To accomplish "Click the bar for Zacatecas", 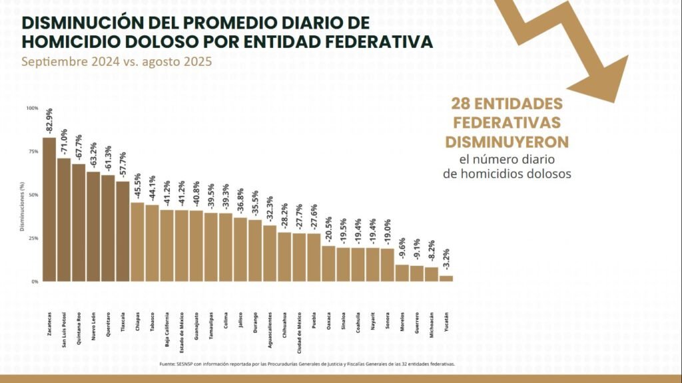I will point(49,209).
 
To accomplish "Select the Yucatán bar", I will point(446,279).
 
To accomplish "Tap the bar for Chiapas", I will point(137,242).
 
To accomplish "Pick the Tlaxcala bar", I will point(123,231).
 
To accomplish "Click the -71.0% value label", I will point(64,142).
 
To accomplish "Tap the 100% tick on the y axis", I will point(32,108).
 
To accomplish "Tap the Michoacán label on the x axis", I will point(432,324).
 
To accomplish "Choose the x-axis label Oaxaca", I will point(329,320).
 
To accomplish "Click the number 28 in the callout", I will point(462,104).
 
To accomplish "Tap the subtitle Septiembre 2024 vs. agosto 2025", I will point(117,63).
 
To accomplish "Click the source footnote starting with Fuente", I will point(307,364).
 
